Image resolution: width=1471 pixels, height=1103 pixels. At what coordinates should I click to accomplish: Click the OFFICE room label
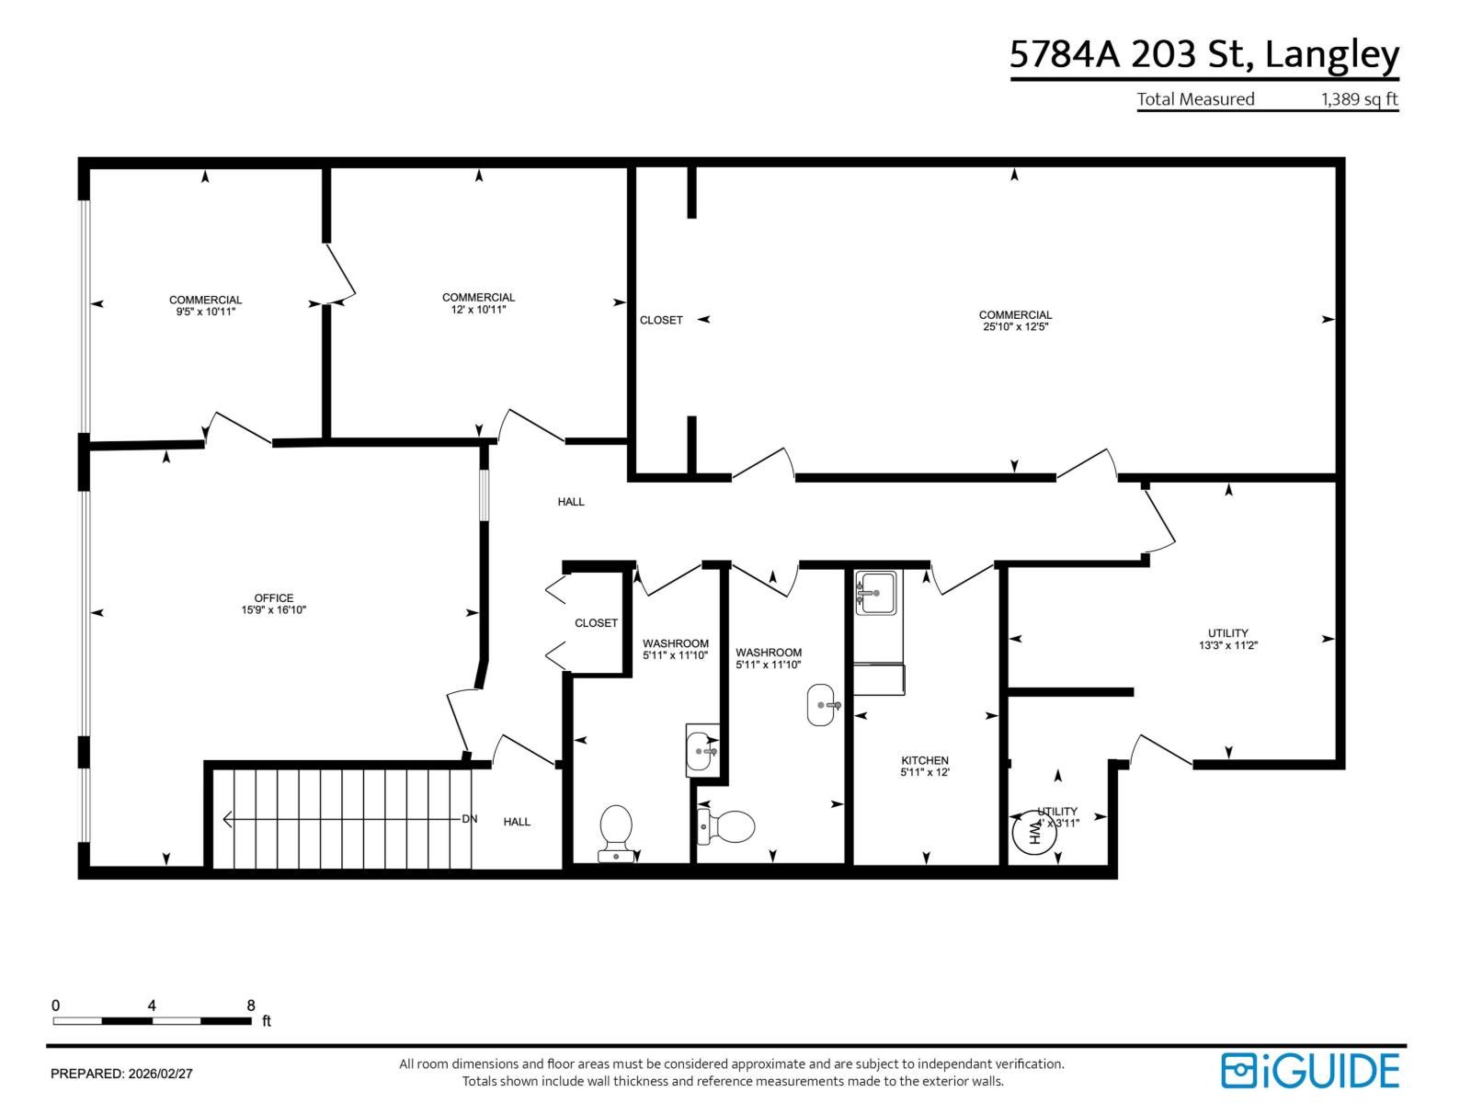click(x=274, y=598)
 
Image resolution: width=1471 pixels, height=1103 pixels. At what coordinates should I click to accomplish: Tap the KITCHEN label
click(x=924, y=760)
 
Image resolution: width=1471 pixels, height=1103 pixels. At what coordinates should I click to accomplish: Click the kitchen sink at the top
click(x=875, y=593)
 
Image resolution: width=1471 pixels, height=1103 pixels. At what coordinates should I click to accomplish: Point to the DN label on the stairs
click(x=469, y=819)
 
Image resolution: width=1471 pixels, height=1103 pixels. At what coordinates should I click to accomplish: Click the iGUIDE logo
click(x=1309, y=1071)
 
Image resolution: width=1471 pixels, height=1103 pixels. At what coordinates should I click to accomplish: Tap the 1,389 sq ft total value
click(x=1359, y=99)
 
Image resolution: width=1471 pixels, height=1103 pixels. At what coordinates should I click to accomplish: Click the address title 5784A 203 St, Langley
click(x=1203, y=54)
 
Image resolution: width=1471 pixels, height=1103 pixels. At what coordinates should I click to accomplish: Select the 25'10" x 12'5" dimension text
click(x=1015, y=326)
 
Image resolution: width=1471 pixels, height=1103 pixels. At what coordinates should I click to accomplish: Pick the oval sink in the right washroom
click(x=823, y=705)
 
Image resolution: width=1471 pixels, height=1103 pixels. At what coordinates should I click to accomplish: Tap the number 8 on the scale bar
click(x=250, y=1006)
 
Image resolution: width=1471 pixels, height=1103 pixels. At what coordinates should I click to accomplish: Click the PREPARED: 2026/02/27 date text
click(x=121, y=1073)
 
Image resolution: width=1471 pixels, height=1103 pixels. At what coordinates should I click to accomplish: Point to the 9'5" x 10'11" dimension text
click(x=205, y=312)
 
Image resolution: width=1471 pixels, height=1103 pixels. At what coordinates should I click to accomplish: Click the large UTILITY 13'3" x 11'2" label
click(x=1227, y=639)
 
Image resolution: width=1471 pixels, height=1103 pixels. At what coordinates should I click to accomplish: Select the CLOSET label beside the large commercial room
click(x=661, y=320)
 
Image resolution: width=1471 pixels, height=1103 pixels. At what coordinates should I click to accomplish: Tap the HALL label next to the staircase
click(x=517, y=822)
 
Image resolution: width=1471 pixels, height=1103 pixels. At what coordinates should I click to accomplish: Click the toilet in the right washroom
click(x=727, y=825)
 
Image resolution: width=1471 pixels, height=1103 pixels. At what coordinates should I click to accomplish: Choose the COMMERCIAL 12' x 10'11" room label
click(x=478, y=302)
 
